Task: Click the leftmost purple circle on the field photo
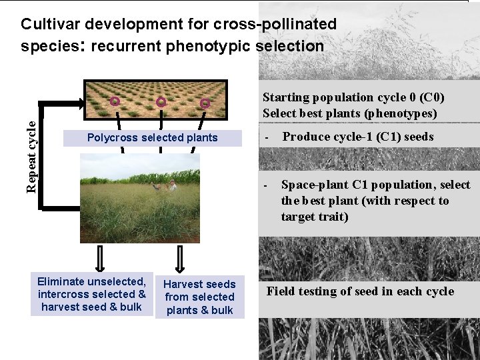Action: pos(115,101)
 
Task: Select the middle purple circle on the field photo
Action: pos(161,102)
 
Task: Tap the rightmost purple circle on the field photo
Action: pos(205,103)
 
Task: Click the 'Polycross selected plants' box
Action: pos(153,138)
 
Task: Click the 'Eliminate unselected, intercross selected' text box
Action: pos(92,294)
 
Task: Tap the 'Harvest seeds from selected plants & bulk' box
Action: pos(199,297)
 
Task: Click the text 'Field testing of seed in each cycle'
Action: pos(360,291)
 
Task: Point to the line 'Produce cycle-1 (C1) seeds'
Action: pos(358,137)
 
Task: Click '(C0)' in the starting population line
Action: pos(431,97)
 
